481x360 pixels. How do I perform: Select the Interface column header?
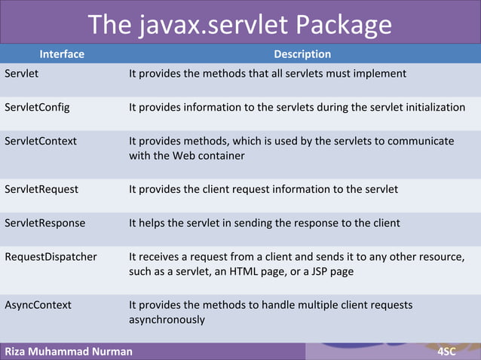(62, 54)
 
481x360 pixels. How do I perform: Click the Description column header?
(302, 54)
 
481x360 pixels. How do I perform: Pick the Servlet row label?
(22, 74)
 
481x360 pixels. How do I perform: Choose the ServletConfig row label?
(37, 107)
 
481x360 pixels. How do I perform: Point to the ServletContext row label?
(41, 141)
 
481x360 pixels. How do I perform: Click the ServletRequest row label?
(41, 189)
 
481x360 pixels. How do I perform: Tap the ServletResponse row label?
(44, 223)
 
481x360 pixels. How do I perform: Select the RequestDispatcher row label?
(51, 257)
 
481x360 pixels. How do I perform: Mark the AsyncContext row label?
(38, 305)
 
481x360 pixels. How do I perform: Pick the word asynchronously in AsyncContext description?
(167, 319)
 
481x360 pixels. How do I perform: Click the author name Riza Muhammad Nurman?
(69, 351)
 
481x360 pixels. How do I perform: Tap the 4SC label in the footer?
(452, 351)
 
